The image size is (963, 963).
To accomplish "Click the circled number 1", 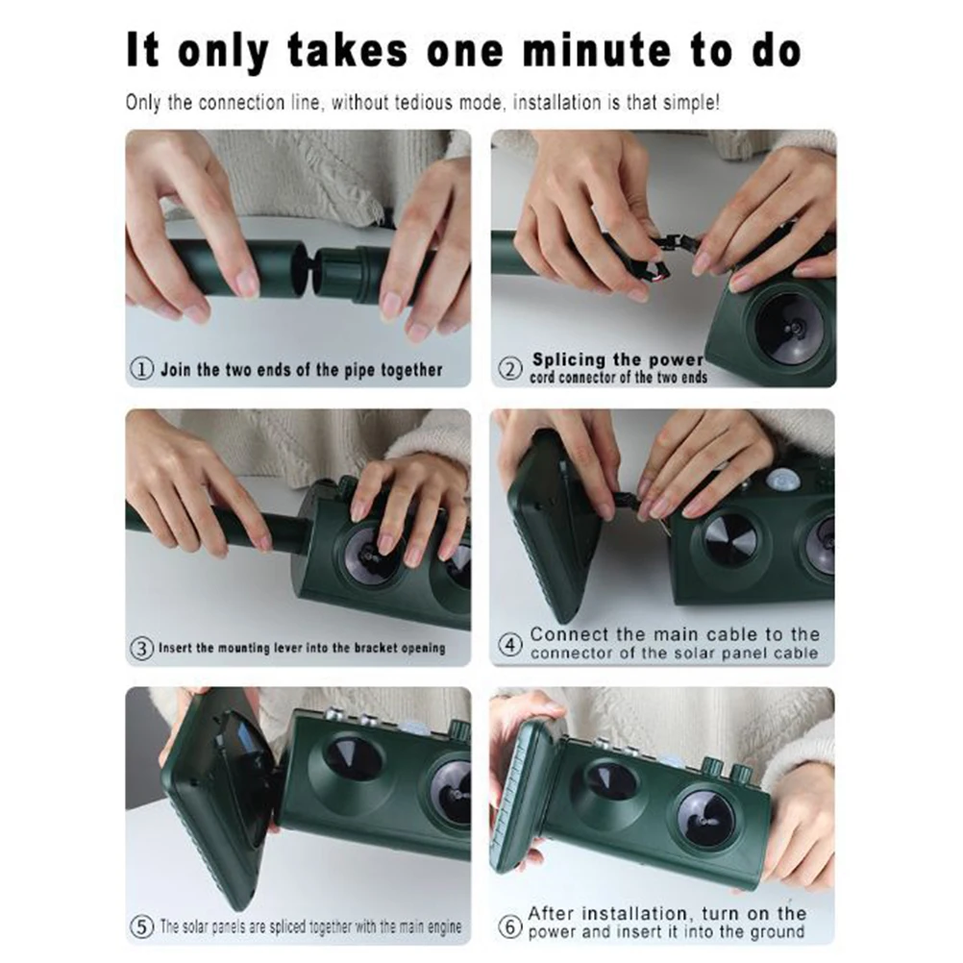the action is point(142,369).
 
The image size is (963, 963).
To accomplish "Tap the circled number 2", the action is point(509,369).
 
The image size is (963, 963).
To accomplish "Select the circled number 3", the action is point(142,648).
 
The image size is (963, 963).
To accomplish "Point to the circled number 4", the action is point(509,644).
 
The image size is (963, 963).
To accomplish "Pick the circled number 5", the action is point(142,926).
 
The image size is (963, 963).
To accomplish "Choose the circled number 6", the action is point(509,926).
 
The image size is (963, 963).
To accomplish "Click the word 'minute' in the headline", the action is point(597,50).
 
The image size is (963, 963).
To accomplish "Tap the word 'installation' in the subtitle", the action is point(557,102).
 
